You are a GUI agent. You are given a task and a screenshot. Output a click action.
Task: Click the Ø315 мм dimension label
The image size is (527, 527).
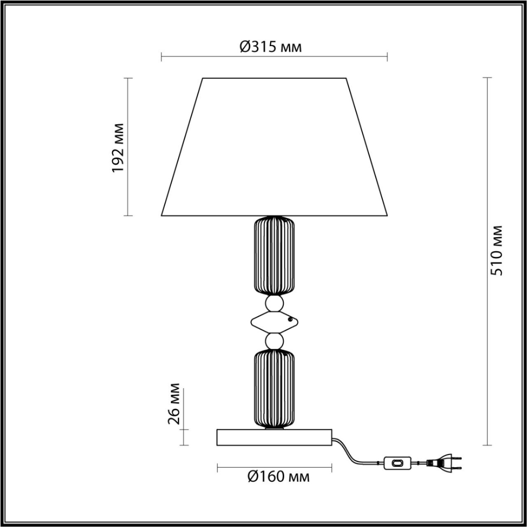(x=271, y=47)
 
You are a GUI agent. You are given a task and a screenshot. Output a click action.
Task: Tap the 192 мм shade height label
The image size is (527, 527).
(x=118, y=147)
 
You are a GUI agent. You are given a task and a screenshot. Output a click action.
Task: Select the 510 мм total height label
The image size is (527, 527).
(x=497, y=250)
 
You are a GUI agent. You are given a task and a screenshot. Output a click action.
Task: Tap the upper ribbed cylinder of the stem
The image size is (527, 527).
(x=274, y=255)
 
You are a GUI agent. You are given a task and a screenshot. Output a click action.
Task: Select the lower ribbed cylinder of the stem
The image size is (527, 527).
(x=274, y=389)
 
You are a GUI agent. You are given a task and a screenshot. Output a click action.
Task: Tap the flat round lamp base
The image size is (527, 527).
(x=274, y=437)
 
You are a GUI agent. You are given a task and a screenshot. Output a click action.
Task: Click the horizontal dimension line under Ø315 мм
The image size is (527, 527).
(x=274, y=57)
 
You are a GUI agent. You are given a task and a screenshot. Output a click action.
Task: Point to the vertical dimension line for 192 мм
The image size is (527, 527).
(x=128, y=184)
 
